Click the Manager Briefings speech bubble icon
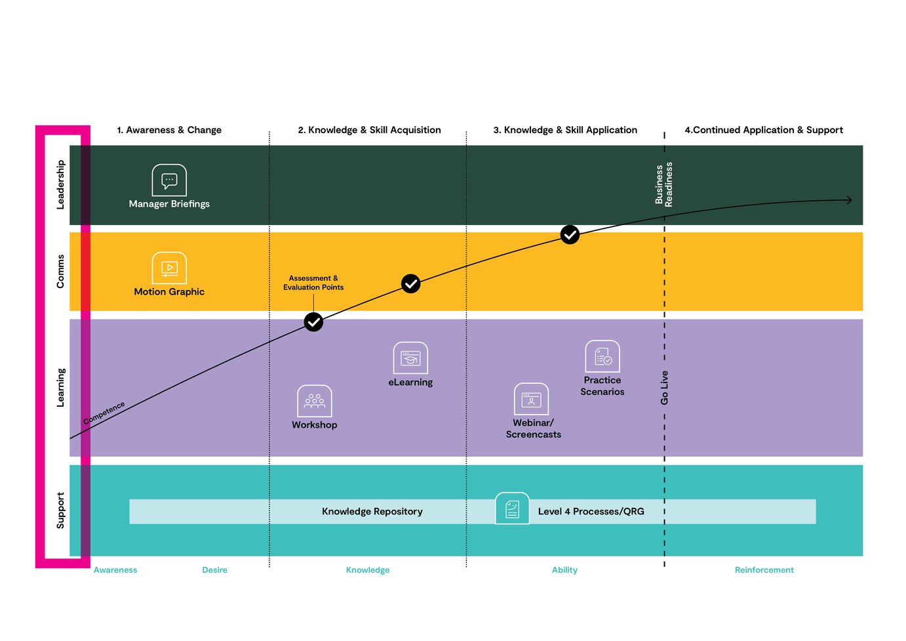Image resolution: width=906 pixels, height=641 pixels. tap(169, 180)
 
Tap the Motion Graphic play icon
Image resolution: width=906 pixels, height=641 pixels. tap(169, 268)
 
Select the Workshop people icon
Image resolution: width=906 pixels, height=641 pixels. tap(315, 401)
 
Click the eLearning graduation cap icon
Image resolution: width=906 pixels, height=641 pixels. tap(410, 358)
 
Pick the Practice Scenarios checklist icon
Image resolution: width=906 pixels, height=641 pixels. tap(602, 356)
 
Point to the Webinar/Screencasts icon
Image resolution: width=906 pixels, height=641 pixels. tap(531, 399)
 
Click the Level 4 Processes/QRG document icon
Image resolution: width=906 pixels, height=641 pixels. tap(512, 508)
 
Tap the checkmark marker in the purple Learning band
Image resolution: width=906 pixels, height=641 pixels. tap(313, 322)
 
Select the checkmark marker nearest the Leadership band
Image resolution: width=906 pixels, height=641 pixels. tap(570, 234)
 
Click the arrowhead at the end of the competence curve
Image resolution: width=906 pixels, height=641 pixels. tap(849, 199)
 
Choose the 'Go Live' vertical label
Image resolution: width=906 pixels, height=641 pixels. tap(664, 388)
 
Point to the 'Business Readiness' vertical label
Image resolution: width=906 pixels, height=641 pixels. tap(663, 184)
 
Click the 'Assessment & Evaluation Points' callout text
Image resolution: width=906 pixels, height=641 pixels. tap(313, 283)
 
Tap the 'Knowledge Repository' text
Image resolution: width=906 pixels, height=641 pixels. tap(372, 512)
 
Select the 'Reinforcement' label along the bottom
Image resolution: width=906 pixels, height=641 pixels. tap(764, 570)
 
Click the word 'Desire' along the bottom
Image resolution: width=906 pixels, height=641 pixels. tap(214, 570)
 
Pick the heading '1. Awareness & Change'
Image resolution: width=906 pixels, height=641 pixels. tap(169, 130)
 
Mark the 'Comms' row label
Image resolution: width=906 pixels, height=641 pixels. tap(60, 272)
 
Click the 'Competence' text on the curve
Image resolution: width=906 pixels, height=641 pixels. tap(104, 413)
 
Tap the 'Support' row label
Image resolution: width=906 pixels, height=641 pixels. tap(60, 510)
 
